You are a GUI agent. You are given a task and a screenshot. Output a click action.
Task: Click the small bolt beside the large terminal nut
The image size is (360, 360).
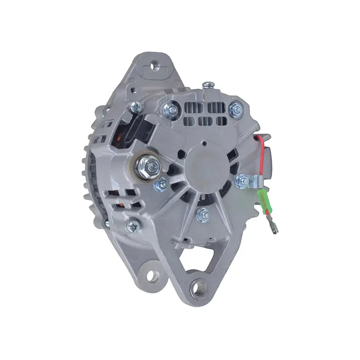click(160, 184)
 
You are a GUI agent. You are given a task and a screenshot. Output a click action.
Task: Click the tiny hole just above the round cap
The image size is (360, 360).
click(205, 144)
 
